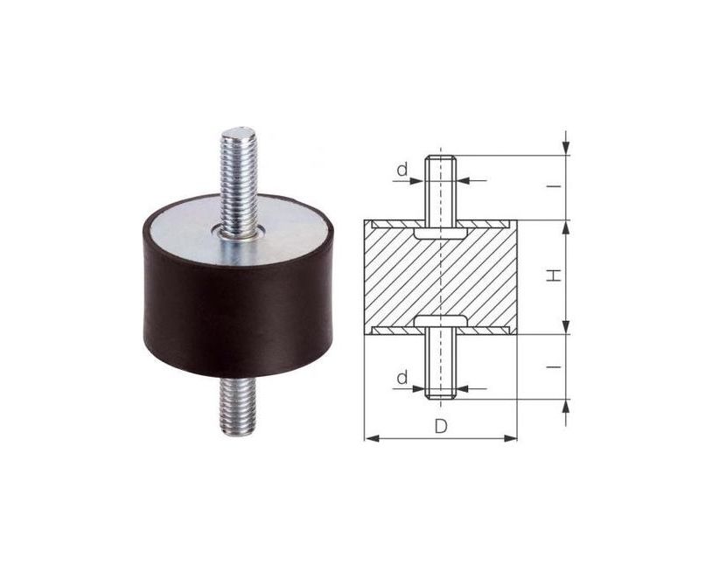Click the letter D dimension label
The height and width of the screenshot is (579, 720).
(441, 427)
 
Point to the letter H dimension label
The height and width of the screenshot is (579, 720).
(554, 276)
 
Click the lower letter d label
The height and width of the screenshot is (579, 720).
(402, 378)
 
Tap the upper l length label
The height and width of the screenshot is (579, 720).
(555, 187)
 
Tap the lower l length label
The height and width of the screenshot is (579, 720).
(555, 366)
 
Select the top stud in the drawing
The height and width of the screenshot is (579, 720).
(440, 188)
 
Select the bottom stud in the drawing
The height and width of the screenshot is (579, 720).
(440, 367)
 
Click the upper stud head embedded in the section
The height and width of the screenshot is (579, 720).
(440, 235)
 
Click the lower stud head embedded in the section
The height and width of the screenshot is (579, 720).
(440, 319)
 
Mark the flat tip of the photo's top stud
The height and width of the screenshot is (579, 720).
(237, 133)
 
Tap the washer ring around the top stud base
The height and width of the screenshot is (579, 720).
(239, 234)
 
